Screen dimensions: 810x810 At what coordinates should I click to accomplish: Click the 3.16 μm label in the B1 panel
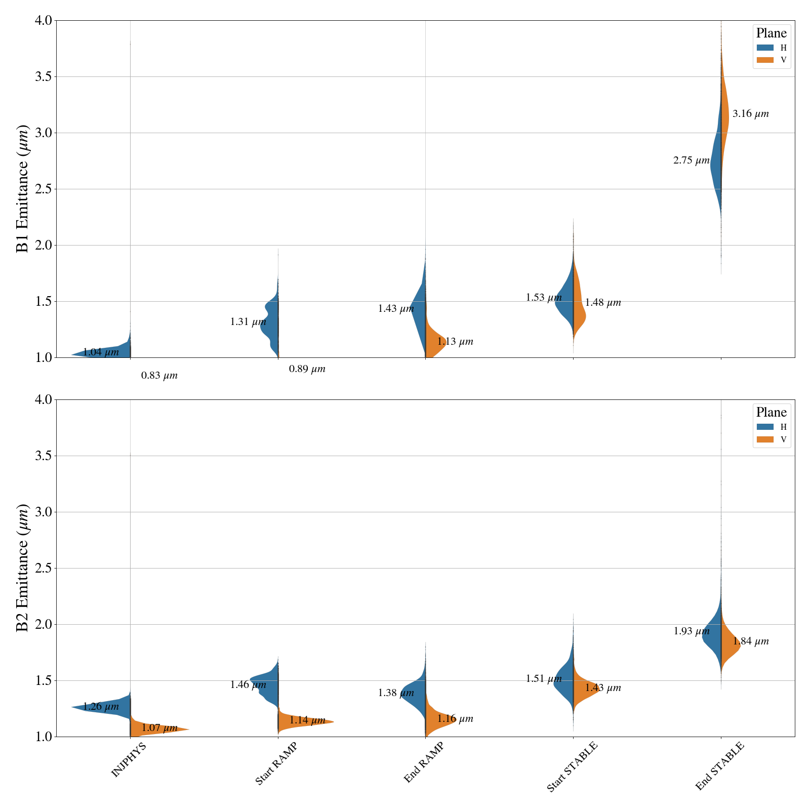tap(750, 114)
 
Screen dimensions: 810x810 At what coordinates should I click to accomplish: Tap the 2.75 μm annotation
tap(691, 160)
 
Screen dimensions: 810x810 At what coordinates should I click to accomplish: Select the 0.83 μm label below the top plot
tap(159, 376)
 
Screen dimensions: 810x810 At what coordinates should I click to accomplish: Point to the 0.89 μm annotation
tap(307, 369)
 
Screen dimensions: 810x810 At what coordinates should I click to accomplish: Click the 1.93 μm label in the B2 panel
tap(691, 631)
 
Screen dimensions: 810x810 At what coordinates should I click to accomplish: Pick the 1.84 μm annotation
tap(750, 641)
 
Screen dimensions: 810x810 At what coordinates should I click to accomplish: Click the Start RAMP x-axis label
tap(275, 764)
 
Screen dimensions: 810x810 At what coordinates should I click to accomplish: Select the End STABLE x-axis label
tap(719, 766)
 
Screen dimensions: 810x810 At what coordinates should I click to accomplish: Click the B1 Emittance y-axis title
tap(22, 189)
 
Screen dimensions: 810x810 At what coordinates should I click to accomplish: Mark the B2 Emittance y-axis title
tap(22, 568)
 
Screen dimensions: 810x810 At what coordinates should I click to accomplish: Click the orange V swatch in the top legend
tap(765, 60)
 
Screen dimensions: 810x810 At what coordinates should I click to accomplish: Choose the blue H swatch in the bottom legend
tap(765, 427)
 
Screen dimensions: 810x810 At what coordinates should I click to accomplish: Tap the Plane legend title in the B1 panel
tap(771, 33)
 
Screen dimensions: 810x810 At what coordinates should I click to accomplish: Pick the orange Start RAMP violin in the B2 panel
tap(304, 722)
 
